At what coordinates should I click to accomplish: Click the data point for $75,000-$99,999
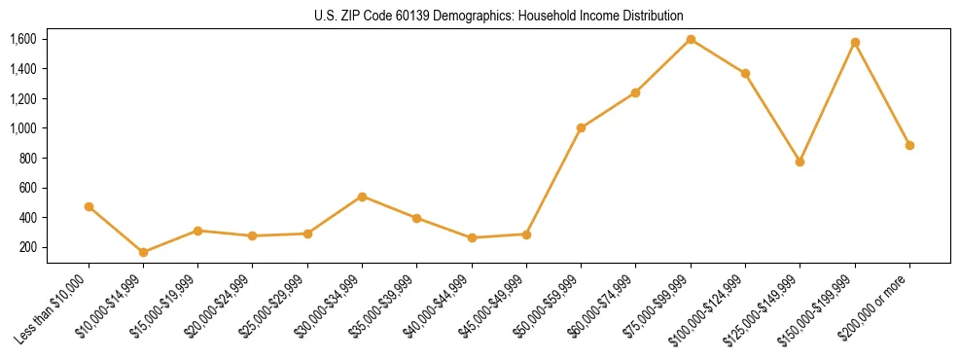[691, 40]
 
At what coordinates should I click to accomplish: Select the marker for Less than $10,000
[89, 206]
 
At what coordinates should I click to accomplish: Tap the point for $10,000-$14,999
[143, 252]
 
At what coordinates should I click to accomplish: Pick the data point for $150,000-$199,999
[855, 43]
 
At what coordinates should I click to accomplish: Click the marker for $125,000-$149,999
[800, 162]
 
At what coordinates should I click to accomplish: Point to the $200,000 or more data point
[909, 145]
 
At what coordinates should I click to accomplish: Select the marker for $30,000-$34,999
[362, 197]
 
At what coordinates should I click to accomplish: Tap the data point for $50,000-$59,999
[581, 127]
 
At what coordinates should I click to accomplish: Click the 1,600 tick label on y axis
[23, 39]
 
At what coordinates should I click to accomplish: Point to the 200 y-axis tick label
[27, 247]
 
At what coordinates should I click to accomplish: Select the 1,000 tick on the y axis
[23, 128]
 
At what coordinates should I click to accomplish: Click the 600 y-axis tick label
[27, 188]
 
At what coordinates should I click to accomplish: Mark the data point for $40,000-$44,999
[472, 237]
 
